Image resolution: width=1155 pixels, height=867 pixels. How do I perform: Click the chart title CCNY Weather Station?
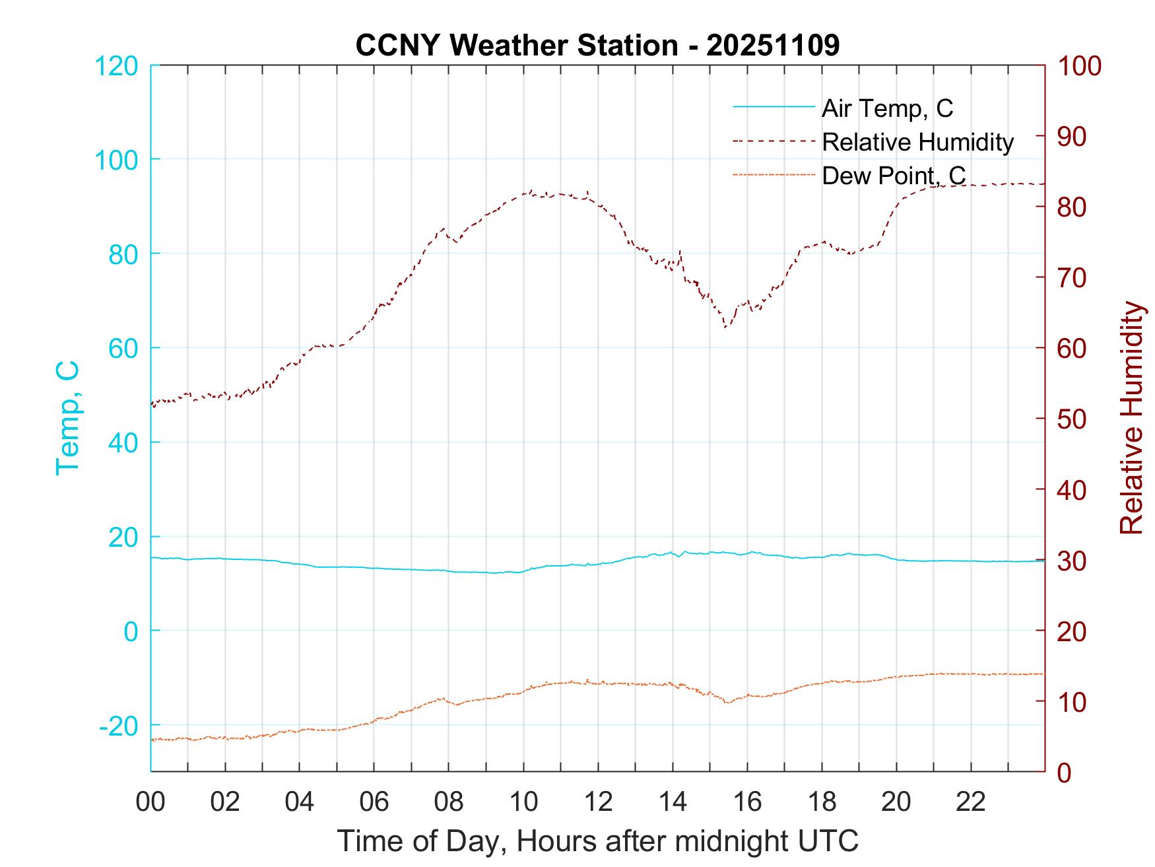pos(597,46)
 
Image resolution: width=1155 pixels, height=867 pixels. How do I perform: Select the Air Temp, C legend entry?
pos(886,108)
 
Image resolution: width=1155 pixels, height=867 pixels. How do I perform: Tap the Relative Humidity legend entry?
pos(917,142)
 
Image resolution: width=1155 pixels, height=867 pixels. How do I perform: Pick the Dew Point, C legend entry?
pos(893,176)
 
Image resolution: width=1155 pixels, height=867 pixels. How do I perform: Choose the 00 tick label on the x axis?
pos(151,802)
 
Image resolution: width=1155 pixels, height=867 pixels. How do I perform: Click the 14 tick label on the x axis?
pos(673,802)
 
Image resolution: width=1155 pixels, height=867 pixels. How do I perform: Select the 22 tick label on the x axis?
pos(971,802)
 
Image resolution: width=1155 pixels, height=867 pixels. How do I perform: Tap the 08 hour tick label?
pos(449,802)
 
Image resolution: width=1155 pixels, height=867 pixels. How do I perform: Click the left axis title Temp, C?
pos(68,418)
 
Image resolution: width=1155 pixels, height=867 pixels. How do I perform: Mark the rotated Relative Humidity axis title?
pos(1131,418)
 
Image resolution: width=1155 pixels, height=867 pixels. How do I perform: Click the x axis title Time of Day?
pos(597,841)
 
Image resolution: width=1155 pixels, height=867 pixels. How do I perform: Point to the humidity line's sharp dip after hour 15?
pos(725,327)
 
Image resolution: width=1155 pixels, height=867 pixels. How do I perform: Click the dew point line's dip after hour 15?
pos(727,703)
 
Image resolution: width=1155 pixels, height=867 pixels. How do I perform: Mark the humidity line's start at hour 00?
pos(152,404)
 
